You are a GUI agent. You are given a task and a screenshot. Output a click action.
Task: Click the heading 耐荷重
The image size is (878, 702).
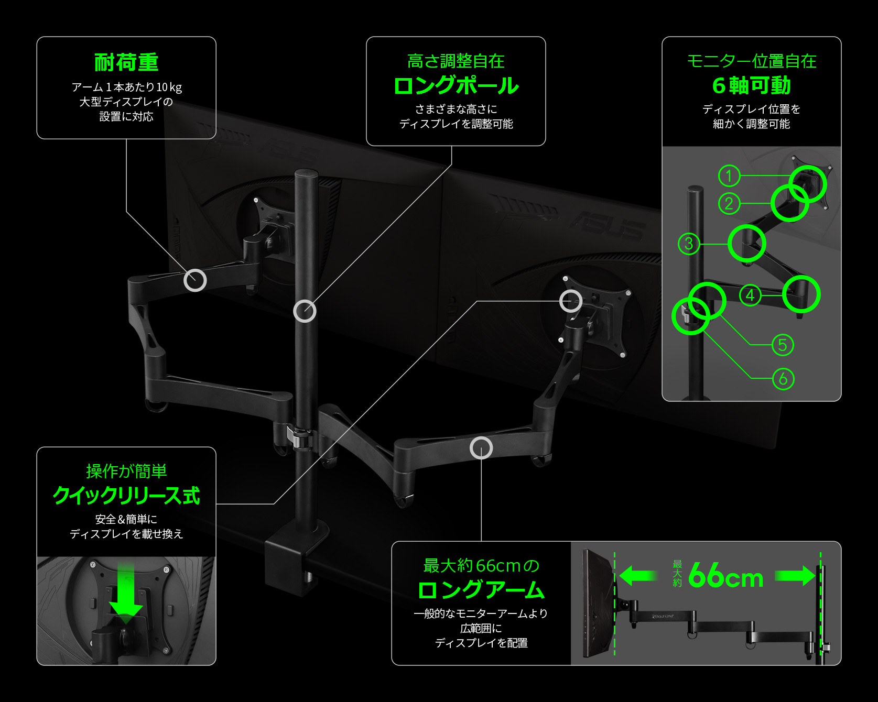(x=126, y=62)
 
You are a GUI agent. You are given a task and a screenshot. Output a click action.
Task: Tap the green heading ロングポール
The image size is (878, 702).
(x=456, y=85)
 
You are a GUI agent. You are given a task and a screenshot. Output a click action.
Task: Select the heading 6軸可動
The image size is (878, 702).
(x=751, y=85)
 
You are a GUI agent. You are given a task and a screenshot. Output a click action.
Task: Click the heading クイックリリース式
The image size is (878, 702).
(x=126, y=495)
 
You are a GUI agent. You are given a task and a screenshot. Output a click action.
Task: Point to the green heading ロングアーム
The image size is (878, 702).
(x=481, y=590)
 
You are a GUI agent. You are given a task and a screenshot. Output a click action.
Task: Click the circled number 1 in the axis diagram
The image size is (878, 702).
(x=729, y=175)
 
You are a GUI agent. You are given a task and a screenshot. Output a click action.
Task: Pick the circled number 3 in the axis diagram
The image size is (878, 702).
(x=689, y=244)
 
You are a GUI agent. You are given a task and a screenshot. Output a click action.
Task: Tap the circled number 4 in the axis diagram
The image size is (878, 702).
(x=750, y=295)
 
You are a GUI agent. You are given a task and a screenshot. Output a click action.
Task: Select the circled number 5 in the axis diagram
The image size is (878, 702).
(x=783, y=345)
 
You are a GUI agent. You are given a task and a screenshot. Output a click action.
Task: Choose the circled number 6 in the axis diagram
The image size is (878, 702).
(x=783, y=378)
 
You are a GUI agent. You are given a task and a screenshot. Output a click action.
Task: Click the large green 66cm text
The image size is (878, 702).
(x=725, y=576)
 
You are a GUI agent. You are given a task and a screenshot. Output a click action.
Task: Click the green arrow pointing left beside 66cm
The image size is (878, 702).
(x=637, y=576)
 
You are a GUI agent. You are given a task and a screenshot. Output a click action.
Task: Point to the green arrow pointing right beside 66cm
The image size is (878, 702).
(x=795, y=576)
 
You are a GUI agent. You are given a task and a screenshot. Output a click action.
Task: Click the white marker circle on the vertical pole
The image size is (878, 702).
(x=305, y=311)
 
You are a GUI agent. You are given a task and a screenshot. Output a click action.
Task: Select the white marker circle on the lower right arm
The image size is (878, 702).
(x=481, y=447)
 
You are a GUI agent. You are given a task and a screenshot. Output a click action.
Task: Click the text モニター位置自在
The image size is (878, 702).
(x=751, y=61)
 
